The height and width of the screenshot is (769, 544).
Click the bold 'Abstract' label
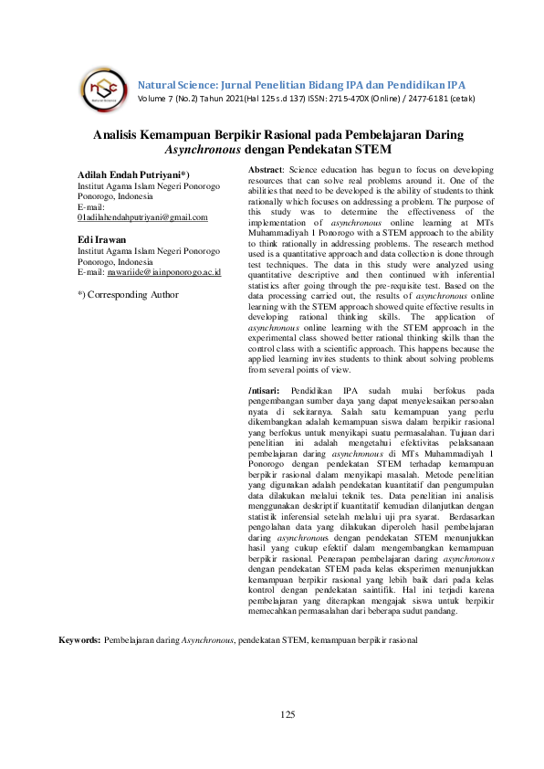click(267, 170)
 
